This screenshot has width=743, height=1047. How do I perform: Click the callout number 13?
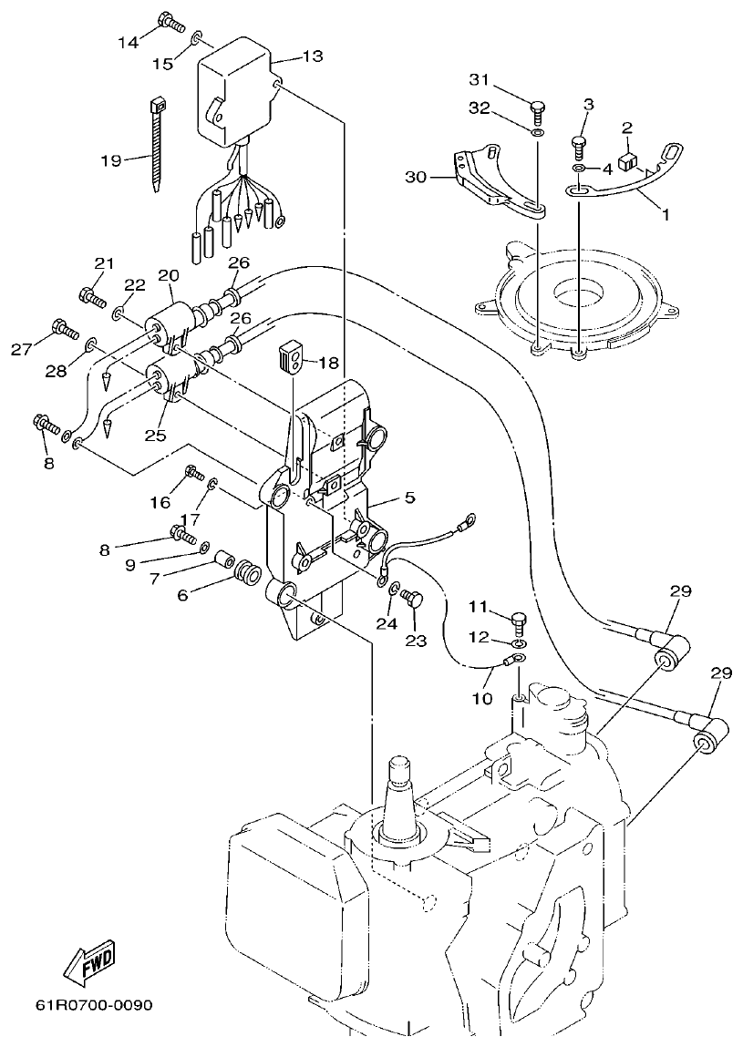pos(312,56)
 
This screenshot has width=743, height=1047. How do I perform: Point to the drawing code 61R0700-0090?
pos(94,1006)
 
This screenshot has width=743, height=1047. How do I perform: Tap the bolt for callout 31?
pos(538,109)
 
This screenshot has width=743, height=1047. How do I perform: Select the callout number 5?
pos(409,498)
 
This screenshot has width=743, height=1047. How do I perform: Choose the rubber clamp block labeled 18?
pos(290,357)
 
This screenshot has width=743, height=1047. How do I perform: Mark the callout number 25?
pos(155,436)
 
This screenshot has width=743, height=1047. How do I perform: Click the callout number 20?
pos(168,274)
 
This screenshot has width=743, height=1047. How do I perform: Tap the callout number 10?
pos(481,699)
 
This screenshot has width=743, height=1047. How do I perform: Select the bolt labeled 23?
pos(413,600)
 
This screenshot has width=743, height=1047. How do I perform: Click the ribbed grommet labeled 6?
pos(247,575)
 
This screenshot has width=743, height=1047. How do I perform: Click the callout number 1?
pos(665,215)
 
